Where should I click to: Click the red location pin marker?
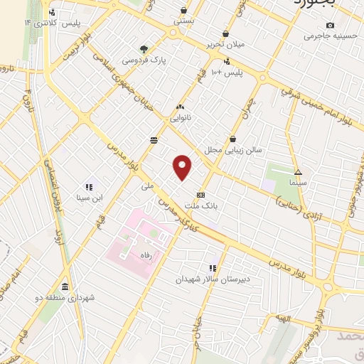[183, 167]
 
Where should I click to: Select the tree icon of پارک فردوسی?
[144, 49]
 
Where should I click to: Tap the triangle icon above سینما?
[298, 172]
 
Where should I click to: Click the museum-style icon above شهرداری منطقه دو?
[65, 287]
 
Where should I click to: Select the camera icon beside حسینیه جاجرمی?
[309, 35]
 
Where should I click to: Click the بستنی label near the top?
[183, 21]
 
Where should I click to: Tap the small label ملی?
[148, 186]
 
